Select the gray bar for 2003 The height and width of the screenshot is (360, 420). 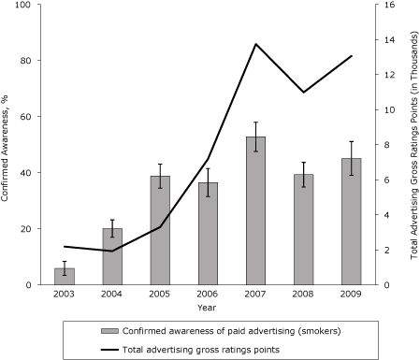(64, 276)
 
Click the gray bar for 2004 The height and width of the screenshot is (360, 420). (111, 256)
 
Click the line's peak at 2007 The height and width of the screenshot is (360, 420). (255, 44)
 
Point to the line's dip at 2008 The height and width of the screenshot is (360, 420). (303, 93)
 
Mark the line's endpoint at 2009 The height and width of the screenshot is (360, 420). (351, 56)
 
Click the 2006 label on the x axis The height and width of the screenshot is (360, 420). (208, 295)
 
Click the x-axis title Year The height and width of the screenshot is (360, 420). (208, 308)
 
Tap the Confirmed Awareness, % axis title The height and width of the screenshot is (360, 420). (7, 145)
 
